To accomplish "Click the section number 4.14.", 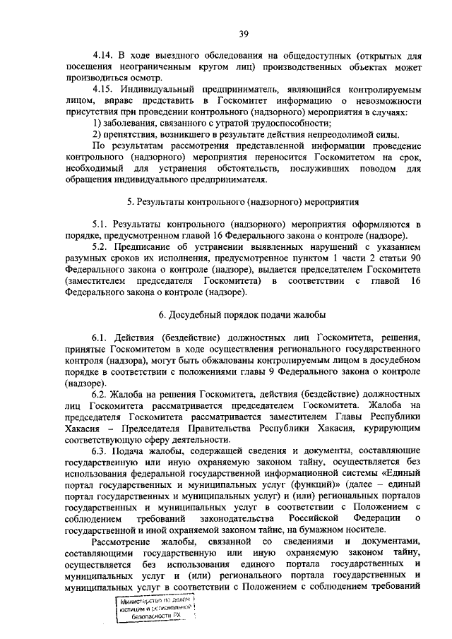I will point(103,55).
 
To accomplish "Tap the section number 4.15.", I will point(103,90).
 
